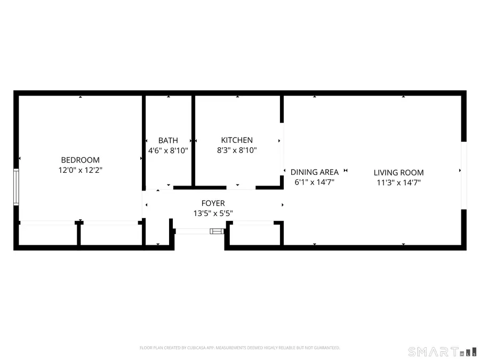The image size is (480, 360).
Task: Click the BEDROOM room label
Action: (80, 160)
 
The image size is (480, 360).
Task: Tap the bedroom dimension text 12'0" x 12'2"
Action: (80, 171)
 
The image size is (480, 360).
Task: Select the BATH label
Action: (168, 140)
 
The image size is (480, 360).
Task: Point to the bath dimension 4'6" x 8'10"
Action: (168, 151)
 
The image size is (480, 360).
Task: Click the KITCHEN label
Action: (237, 140)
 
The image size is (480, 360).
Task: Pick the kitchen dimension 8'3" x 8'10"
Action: (237, 151)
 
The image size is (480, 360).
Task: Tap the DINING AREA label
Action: (314, 172)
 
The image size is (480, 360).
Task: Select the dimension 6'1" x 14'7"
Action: (314, 182)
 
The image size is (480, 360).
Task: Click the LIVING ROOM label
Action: (398, 172)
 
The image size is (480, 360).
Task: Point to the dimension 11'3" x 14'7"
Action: (398, 182)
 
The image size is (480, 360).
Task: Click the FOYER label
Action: (213, 203)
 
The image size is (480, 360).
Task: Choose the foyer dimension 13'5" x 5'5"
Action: (213, 213)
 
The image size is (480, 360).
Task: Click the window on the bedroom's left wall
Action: (16, 187)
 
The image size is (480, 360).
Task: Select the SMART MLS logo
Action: (437, 351)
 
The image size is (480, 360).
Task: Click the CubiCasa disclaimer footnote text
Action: (239, 348)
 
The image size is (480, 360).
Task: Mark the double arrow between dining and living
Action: (346, 171)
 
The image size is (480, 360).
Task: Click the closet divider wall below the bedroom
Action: (79, 235)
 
